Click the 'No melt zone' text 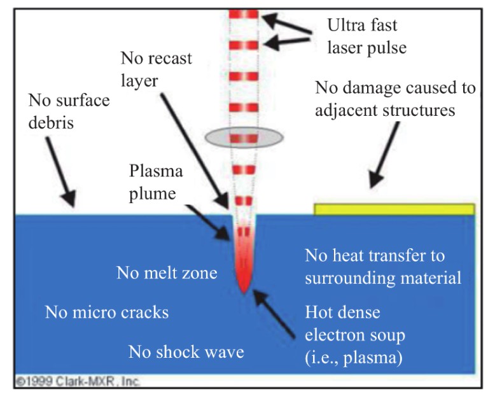167,273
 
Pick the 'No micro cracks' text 107,312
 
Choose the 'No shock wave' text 186,351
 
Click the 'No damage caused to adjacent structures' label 394,98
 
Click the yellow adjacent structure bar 394,209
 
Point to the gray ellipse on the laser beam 245,138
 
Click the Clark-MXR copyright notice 76,383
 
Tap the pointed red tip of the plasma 244,290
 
